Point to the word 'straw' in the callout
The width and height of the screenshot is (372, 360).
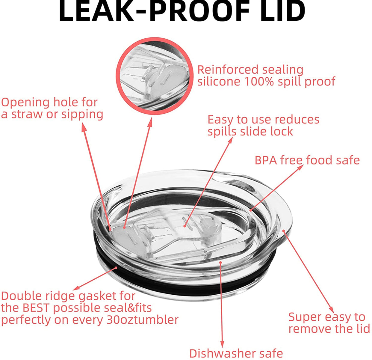27,115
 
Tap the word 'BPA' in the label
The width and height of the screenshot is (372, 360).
266,160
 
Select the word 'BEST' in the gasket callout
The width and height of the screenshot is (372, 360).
36,308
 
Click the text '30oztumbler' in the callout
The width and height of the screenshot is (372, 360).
142,320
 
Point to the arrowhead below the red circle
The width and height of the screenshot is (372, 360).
150,122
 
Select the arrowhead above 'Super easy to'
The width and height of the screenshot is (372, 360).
332,310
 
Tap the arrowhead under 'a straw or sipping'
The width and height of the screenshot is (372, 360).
84,127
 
